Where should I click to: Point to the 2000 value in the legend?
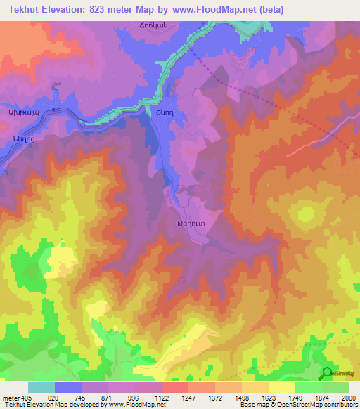tap(349, 398)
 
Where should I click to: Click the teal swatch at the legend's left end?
tap(41, 387)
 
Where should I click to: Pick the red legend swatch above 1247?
tap(174, 387)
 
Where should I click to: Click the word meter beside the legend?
tap(8, 398)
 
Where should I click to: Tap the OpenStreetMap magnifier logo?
tap(326, 373)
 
